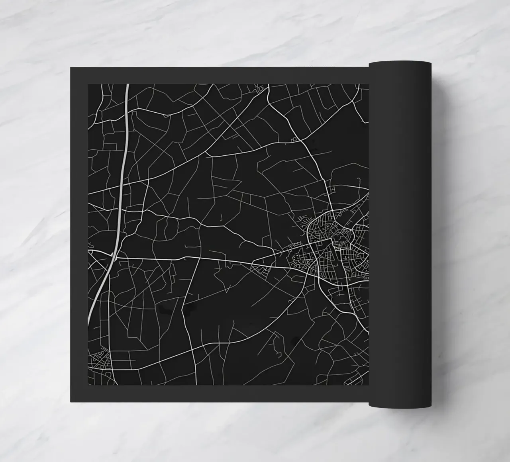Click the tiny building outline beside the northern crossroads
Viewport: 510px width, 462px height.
point(294,139)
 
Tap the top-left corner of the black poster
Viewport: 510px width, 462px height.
point(71,67)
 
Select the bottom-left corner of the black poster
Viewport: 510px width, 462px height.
point(71,402)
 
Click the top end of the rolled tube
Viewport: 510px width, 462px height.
point(400,63)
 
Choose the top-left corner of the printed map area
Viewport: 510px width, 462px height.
point(88,84)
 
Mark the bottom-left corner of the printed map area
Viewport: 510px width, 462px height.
point(88,385)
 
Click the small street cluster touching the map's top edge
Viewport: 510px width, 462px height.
point(261,88)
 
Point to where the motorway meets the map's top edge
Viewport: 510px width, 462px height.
point(127,84)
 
